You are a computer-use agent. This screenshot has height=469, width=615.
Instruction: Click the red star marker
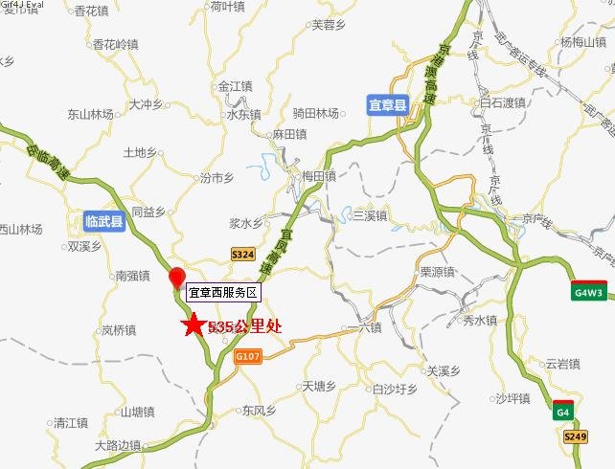pos(194,325)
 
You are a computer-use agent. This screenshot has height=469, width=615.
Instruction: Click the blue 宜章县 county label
pos(388,105)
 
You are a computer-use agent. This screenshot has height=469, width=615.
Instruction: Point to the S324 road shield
pos(243,254)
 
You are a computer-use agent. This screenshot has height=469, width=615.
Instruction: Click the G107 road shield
pos(247,356)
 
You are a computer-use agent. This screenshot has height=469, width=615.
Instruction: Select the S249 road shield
pos(575,435)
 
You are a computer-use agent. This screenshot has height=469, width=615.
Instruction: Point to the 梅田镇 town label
pos(317,176)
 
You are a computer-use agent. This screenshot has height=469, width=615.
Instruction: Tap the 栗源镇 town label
pos(436,272)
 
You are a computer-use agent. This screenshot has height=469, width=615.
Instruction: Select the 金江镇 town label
pos(234,85)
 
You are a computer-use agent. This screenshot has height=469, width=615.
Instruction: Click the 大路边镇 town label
pos(118,445)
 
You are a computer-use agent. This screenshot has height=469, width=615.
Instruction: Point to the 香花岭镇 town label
pos(114,44)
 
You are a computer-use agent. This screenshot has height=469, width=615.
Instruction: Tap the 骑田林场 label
pos(318,113)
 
